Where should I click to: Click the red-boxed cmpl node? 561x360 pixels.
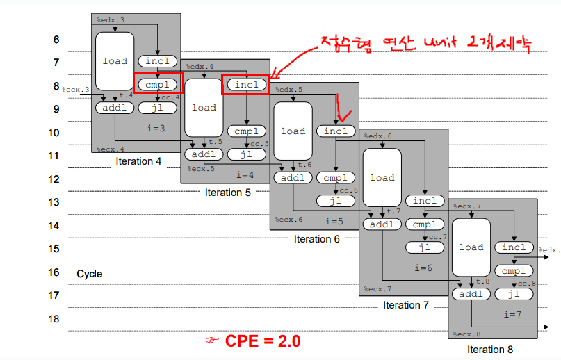(158, 85)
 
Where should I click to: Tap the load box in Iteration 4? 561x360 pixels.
(115, 61)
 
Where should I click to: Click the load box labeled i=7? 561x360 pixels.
(471, 247)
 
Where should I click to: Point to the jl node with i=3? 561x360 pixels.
(158, 108)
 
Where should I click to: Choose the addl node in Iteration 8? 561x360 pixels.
(471, 294)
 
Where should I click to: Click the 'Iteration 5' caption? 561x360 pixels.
(227, 192)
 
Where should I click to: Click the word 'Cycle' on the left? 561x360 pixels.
(89, 274)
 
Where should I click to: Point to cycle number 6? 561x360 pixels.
(56, 40)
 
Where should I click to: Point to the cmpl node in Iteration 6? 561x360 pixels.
(336, 178)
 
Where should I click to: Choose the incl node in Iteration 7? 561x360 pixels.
(425, 201)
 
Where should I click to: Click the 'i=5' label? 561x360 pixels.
(336, 221)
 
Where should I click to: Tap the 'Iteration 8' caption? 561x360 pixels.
(490, 350)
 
